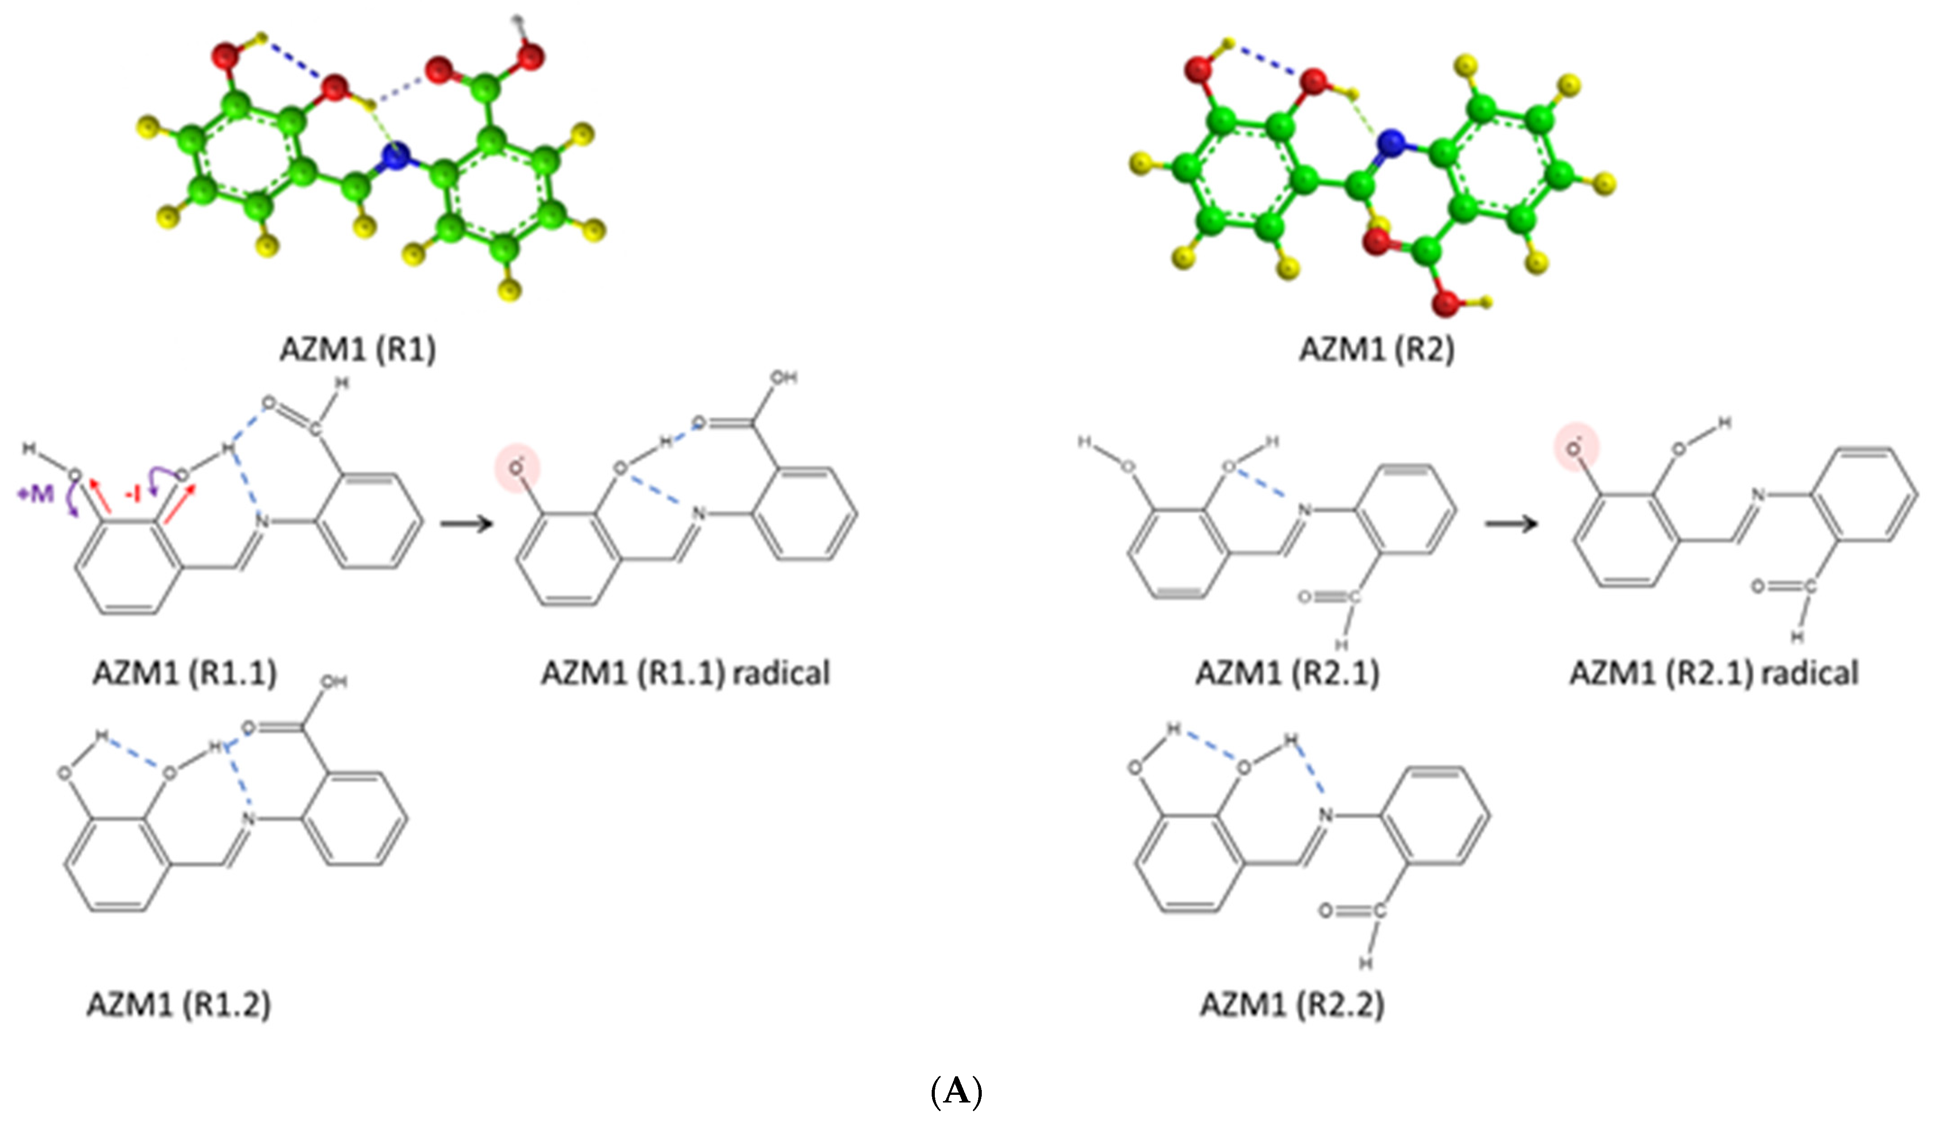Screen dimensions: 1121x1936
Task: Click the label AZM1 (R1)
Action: [x=357, y=350]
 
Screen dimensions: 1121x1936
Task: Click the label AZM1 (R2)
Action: [x=1376, y=350]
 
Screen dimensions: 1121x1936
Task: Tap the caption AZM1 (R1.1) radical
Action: [x=685, y=674]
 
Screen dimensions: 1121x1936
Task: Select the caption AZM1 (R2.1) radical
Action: [x=1713, y=674]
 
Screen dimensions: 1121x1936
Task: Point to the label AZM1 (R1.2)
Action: [x=179, y=1004]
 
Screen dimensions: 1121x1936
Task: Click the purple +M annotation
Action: [x=35, y=493]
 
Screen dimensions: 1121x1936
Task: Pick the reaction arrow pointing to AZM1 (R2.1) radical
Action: [x=1511, y=524]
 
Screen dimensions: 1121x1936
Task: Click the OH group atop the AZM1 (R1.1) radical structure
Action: [x=784, y=378]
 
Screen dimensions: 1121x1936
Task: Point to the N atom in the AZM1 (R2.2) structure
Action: [x=1325, y=815]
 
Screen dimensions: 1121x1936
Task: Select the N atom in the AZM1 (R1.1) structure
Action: [x=262, y=523]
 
